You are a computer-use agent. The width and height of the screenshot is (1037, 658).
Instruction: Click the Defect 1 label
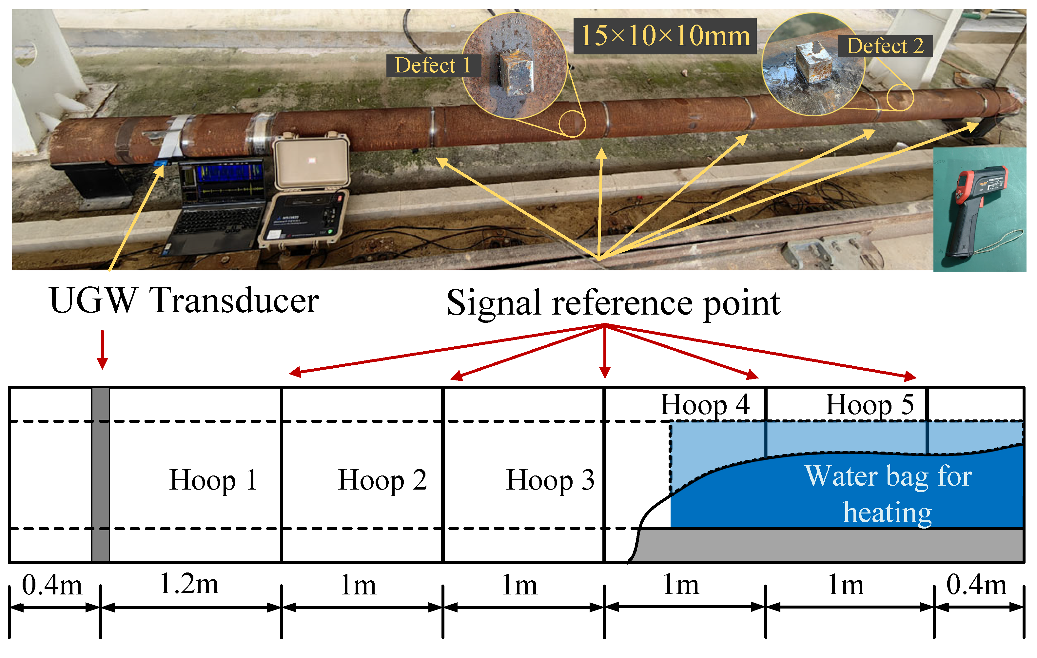433,66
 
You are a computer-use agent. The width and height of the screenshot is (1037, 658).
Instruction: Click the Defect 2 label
885,46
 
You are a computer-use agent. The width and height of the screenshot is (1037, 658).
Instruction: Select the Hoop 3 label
550,480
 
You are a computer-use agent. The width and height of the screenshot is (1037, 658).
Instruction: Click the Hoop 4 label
705,405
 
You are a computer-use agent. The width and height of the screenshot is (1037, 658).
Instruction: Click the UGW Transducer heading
184,301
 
